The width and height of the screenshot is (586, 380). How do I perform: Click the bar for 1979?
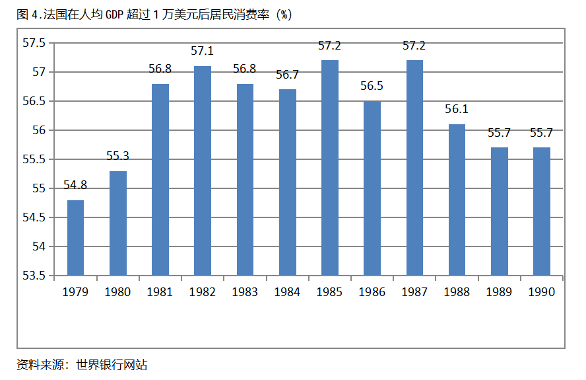tap(75, 238)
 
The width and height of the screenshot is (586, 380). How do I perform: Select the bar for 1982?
tap(203, 171)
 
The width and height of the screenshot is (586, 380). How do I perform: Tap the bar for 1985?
tap(330, 168)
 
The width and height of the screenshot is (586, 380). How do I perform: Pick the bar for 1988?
tap(457, 200)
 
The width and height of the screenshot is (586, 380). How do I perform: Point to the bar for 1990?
tap(542, 211)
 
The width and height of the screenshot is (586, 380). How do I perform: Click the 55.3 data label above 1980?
tap(117, 157)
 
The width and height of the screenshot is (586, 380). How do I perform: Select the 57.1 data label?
tap(203, 52)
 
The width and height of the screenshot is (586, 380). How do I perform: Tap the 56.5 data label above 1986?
tap(372, 87)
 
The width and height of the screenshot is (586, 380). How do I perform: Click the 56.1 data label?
tap(457, 110)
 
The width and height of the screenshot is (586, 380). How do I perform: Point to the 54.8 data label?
tap(75, 186)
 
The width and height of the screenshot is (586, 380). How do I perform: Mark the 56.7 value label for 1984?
tap(288, 75)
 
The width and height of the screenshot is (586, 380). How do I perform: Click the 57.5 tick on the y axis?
tap(34, 43)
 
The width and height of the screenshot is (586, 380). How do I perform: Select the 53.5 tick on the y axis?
tap(34, 276)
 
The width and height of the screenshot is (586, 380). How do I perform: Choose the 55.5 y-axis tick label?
tap(34, 159)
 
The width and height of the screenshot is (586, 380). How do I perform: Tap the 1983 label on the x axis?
tap(245, 292)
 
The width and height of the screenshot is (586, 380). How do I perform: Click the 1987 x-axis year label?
tap(414, 292)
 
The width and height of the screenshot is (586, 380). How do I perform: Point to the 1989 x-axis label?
tap(500, 292)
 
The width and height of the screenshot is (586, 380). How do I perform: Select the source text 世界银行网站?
tap(112, 364)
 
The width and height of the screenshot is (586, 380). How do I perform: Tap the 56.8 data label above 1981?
tap(160, 69)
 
